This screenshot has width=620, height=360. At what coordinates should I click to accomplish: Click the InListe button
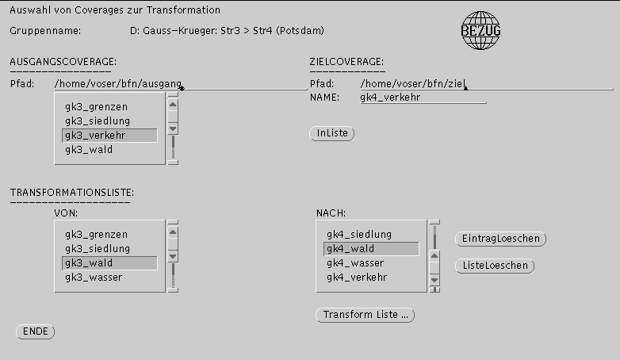tap(331, 133)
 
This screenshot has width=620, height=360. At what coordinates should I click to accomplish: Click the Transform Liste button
tap(365, 315)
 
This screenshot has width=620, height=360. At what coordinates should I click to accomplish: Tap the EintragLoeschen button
tap(500, 239)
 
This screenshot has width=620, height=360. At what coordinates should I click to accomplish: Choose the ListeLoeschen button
tap(495, 266)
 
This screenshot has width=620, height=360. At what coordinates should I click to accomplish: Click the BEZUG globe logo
tap(480, 30)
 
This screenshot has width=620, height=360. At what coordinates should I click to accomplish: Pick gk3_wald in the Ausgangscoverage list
tap(89, 150)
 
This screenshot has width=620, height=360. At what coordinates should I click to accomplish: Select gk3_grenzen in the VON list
tap(97, 235)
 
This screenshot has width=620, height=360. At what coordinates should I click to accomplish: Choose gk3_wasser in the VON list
tap(94, 278)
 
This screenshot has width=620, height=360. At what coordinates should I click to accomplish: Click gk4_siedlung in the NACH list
tap(359, 235)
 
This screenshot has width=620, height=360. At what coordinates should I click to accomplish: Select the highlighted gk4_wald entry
tap(371, 249)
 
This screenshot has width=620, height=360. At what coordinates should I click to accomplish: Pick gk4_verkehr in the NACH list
tap(357, 278)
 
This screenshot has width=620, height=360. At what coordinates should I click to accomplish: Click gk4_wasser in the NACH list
tap(355, 263)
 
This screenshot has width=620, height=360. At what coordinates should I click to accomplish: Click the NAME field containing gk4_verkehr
tap(423, 98)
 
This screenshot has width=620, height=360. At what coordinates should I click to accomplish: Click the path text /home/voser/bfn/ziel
tap(413, 84)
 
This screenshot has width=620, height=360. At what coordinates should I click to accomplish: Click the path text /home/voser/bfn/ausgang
tap(118, 84)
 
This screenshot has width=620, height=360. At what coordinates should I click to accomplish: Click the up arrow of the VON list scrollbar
tap(173, 232)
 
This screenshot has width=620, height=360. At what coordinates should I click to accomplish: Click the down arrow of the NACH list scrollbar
tap(434, 280)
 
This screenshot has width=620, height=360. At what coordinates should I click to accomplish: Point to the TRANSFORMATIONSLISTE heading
tap(72, 193)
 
